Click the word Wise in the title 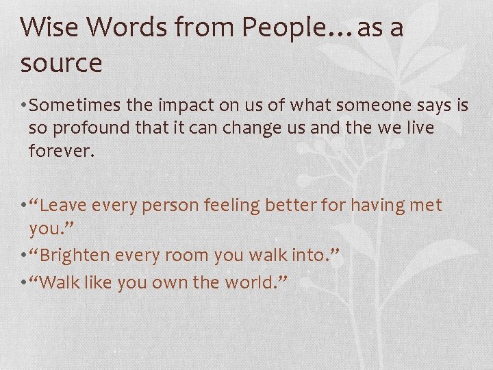tap(45, 28)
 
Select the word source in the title tap(61, 64)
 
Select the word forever tap(60, 151)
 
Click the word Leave tap(71, 205)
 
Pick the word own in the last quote tap(179, 282)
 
